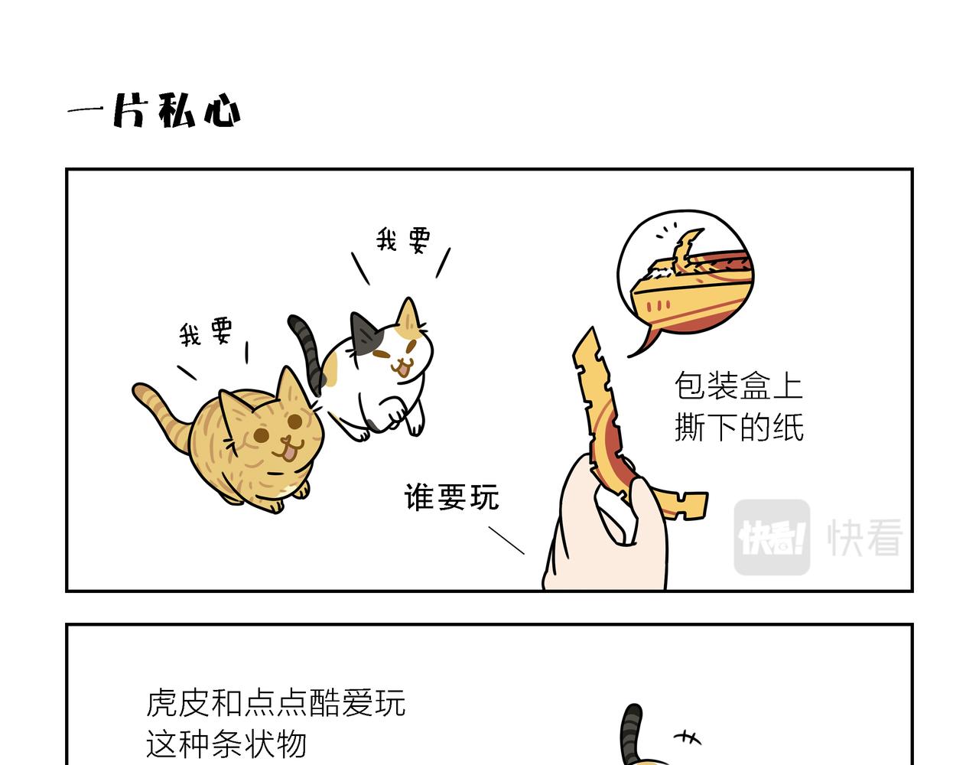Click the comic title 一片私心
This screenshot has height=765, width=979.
(x=154, y=110)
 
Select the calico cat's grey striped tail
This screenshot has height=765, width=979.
(x=307, y=353)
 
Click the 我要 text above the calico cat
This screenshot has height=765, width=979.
(x=403, y=239)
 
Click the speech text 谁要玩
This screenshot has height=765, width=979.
(x=451, y=496)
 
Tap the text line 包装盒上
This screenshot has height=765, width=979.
(x=738, y=386)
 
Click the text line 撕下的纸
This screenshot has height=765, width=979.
(x=739, y=427)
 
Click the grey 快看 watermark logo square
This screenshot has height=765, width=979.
(x=772, y=536)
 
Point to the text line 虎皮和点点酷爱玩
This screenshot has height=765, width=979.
(x=275, y=702)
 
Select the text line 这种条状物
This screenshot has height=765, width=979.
(x=226, y=744)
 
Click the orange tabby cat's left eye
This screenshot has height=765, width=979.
(x=262, y=435)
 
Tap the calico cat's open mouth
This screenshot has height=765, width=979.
(x=401, y=369)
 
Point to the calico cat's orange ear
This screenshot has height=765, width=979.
(x=408, y=315)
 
